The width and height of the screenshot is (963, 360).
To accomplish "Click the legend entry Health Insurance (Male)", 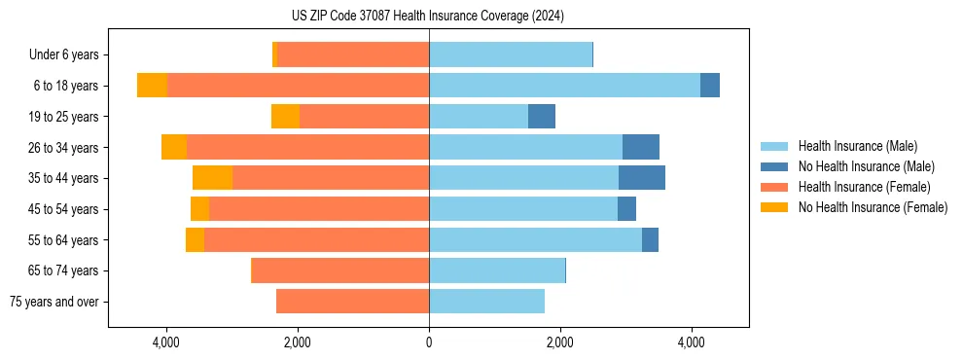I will pyautogui.click(x=856, y=146).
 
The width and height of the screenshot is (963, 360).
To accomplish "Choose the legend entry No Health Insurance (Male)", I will pyautogui.click(x=866, y=166).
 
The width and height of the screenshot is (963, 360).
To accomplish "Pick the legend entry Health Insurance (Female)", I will pyautogui.click(x=864, y=187).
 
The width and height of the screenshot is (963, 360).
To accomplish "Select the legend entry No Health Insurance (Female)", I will pyautogui.click(x=873, y=207).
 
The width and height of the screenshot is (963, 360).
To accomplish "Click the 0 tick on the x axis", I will pyautogui.click(x=429, y=342).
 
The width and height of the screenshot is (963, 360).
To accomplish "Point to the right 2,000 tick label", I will pyautogui.click(x=560, y=342).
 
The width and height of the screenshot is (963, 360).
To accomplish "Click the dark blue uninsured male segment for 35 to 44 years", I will pyautogui.click(x=642, y=178).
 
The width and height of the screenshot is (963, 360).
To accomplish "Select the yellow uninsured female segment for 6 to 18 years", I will pyautogui.click(x=152, y=86).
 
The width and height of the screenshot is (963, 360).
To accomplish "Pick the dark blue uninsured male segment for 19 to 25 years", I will pyautogui.click(x=542, y=117).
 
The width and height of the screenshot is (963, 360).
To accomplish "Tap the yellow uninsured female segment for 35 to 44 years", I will pyautogui.click(x=213, y=178).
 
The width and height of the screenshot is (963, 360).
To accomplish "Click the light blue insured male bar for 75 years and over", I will pyautogui.click(x=486, y=302).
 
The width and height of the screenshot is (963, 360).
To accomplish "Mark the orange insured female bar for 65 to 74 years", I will pyautogui.click(x=340, y=270).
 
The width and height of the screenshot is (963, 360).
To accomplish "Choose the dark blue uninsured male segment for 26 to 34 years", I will pyautogui.click(x=641, y=147).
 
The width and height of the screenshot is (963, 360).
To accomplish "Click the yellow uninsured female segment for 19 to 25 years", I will pyautogui.click(x=285, y=117).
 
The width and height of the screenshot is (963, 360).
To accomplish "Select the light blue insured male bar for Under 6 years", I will pyautogui.click(x=511, y=54).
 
